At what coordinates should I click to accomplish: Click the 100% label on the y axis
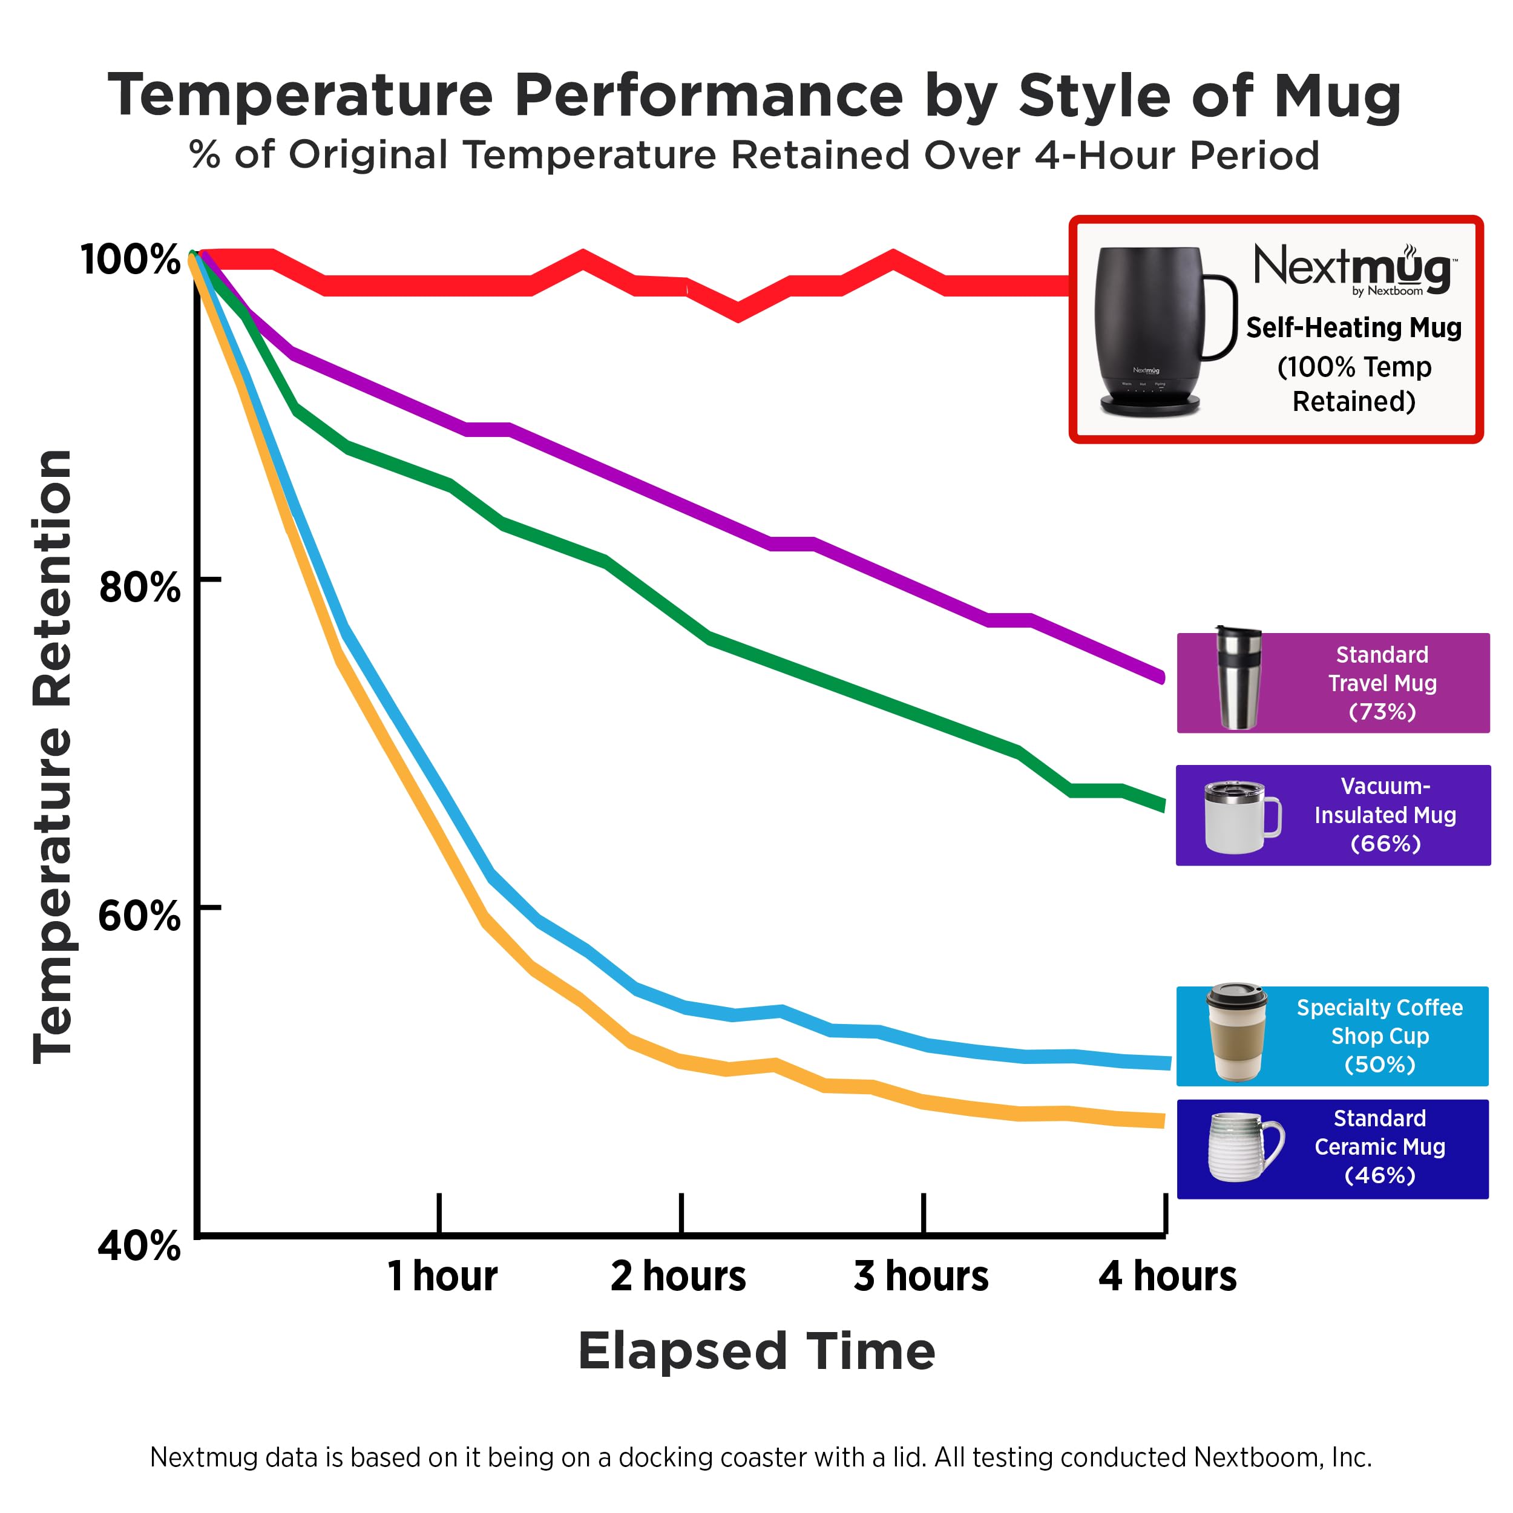(x=130, y=258)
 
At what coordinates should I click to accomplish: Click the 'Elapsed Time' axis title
(x=756, y=1353)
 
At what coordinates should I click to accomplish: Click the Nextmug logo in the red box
(x=1354, y=269)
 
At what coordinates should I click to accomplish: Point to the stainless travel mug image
(x=1238, y=678)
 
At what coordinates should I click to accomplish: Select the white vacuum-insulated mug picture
(x=1241, y=817)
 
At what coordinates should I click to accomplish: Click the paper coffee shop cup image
(x=1236, y=1033)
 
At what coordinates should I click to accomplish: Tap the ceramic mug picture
(x=1244, y=1147)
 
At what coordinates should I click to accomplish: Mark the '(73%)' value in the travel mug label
(x=1382, y=712)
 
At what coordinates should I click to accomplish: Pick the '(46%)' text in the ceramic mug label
(x=1380, y=1175)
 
